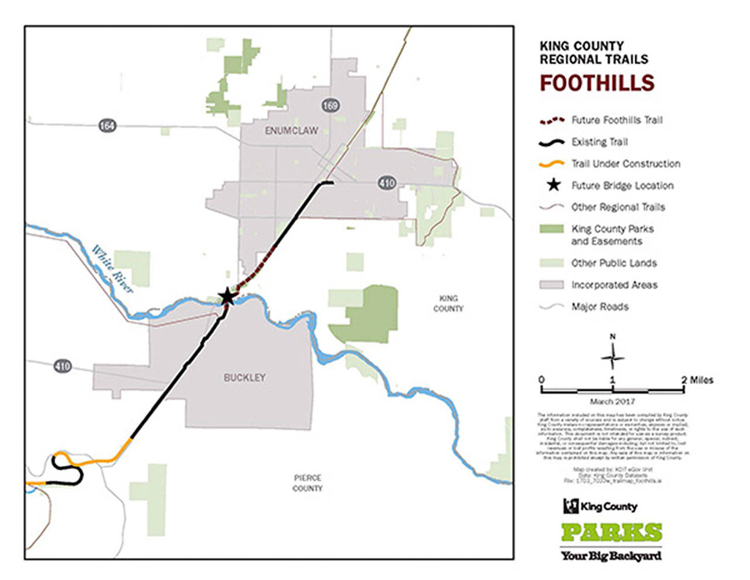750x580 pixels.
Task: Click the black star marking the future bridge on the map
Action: pyautogui.click(x=227, y=297)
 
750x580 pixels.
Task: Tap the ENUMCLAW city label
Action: pyautogui.click(x=291, y=131)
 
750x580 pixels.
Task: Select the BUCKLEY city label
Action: pyautogui.click(x=244, y=378)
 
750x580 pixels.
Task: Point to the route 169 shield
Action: pyautogui.click(x=330, y=105)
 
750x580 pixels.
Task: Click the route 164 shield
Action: pyautogui.click(x=107, y=125)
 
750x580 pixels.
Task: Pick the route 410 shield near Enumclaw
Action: pyautogui.click(x=387, y=183)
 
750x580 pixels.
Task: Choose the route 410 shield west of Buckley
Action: pyautogui.click(x=62, y=366)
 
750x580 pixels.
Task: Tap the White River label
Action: pyautogui.click(x=112, y=269)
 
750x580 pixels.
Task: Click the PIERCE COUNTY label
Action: pyautogui.click(x=307, y=483)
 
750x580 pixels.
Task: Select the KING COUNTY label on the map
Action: pyautogui.click(x=448, y=303)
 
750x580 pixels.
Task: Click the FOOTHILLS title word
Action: pyautogui.click(x=596, y=83)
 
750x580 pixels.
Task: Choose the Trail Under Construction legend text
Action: pyautogui.click(x=626, y=163)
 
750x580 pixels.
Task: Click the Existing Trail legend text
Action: pyautogui.click(x=599, y=142)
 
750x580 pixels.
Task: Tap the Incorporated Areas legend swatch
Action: pyautogui.click(x=551, y=285)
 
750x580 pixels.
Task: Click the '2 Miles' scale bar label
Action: pyautogui.click(x=697, y=380)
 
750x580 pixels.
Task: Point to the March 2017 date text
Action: pyautogui.click(x=612, y=401)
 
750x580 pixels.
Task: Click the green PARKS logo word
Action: pyautogui.click(x=611, y=532)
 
